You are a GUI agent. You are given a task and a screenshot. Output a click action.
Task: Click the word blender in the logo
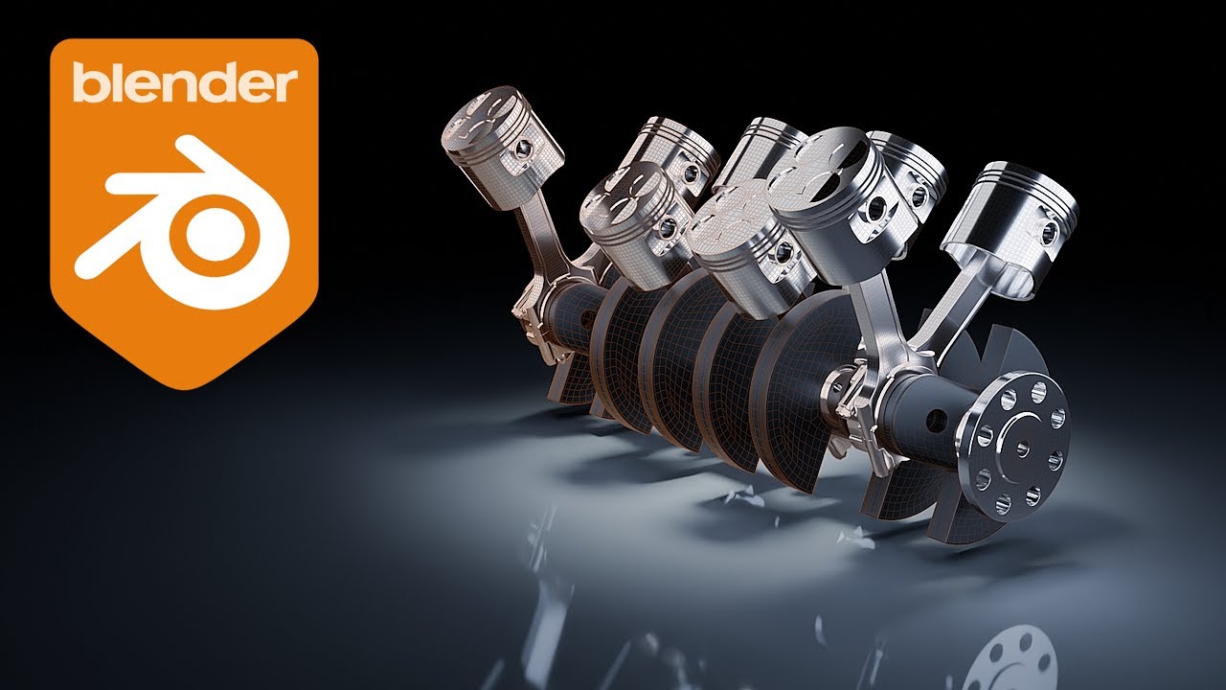(x=184, y=84)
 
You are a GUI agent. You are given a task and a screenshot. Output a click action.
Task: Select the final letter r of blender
(x=284, y=88)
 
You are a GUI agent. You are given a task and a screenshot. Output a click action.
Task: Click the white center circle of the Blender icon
(x=222, y=235)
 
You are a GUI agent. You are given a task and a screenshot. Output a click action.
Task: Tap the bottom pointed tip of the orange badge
(x=183, y=386)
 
